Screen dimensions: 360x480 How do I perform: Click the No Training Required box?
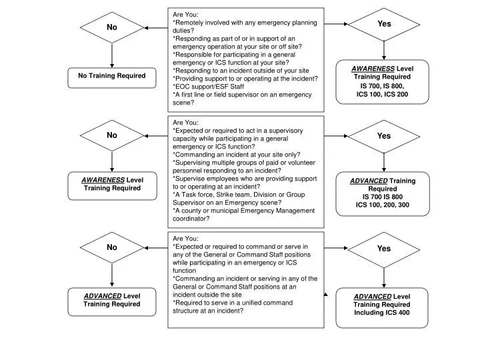pyautogui.click(x=111, y=77)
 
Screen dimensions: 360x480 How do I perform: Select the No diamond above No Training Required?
pyautogui.click(x=112, y=27)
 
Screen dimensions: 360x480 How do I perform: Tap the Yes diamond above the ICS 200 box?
pyautogui.click(x=384, y=24)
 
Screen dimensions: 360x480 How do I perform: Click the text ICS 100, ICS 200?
pyautogui.click(x=382, y=95)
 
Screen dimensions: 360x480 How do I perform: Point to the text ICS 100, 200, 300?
pyautogui.click(x=383, y=205)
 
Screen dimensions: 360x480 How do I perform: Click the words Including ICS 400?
pyautogui.click(x=382, y=313)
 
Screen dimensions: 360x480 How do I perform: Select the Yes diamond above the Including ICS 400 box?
pyautogui.click(x=384, y=249)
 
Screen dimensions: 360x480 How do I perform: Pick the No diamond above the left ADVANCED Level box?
pyautogui.click(x=112, y=247)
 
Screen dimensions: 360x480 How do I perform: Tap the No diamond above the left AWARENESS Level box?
pyautogui.click(x=112, y=135)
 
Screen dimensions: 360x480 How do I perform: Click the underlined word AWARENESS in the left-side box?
pyautogui.click(x=103, y=180)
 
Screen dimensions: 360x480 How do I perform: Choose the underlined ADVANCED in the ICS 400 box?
pyautogui.click(x=372, y=296)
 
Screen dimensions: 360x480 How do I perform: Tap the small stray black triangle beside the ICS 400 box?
pyautogui.click(x=327, y=293)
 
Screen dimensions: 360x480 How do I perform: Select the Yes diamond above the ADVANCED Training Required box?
pyautogui.click(x=384, y=136)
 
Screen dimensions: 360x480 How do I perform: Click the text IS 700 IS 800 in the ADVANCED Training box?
pyautogui.click(x=383, y=197)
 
